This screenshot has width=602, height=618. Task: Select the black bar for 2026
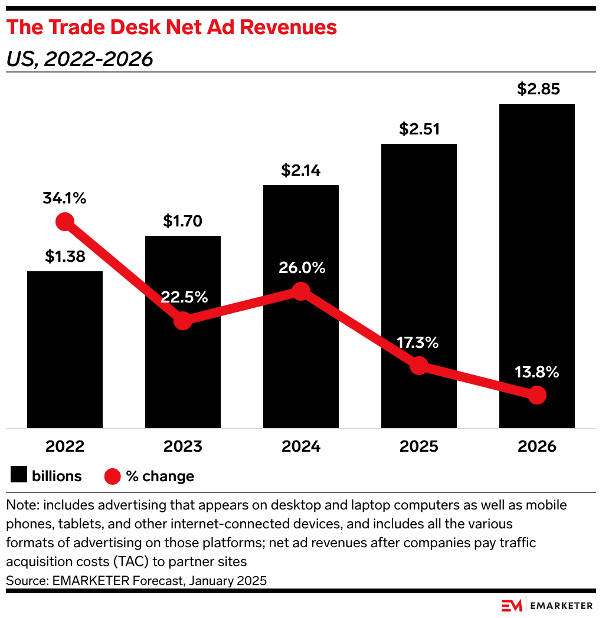point(536,265)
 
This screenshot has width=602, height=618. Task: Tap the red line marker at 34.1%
point(64,222)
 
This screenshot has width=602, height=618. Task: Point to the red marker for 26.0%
point(301,291)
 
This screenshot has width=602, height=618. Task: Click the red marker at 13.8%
point(536,395)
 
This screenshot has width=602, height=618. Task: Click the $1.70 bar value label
point(183,221)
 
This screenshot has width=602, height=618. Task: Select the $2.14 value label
point(301,170)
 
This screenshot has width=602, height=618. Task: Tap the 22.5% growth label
point(184,297)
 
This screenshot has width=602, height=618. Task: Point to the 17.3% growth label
point(418,343)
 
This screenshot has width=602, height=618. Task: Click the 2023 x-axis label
point(183,446)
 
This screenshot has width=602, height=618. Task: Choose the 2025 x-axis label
point(419,446)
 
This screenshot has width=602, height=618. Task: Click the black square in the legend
point(19,475)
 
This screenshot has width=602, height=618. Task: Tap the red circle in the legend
point(113,476)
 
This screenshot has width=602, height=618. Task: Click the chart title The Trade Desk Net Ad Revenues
point(172,27)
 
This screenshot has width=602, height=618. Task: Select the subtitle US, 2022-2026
point(80,60)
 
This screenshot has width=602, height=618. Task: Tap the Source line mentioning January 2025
point(136,580)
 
